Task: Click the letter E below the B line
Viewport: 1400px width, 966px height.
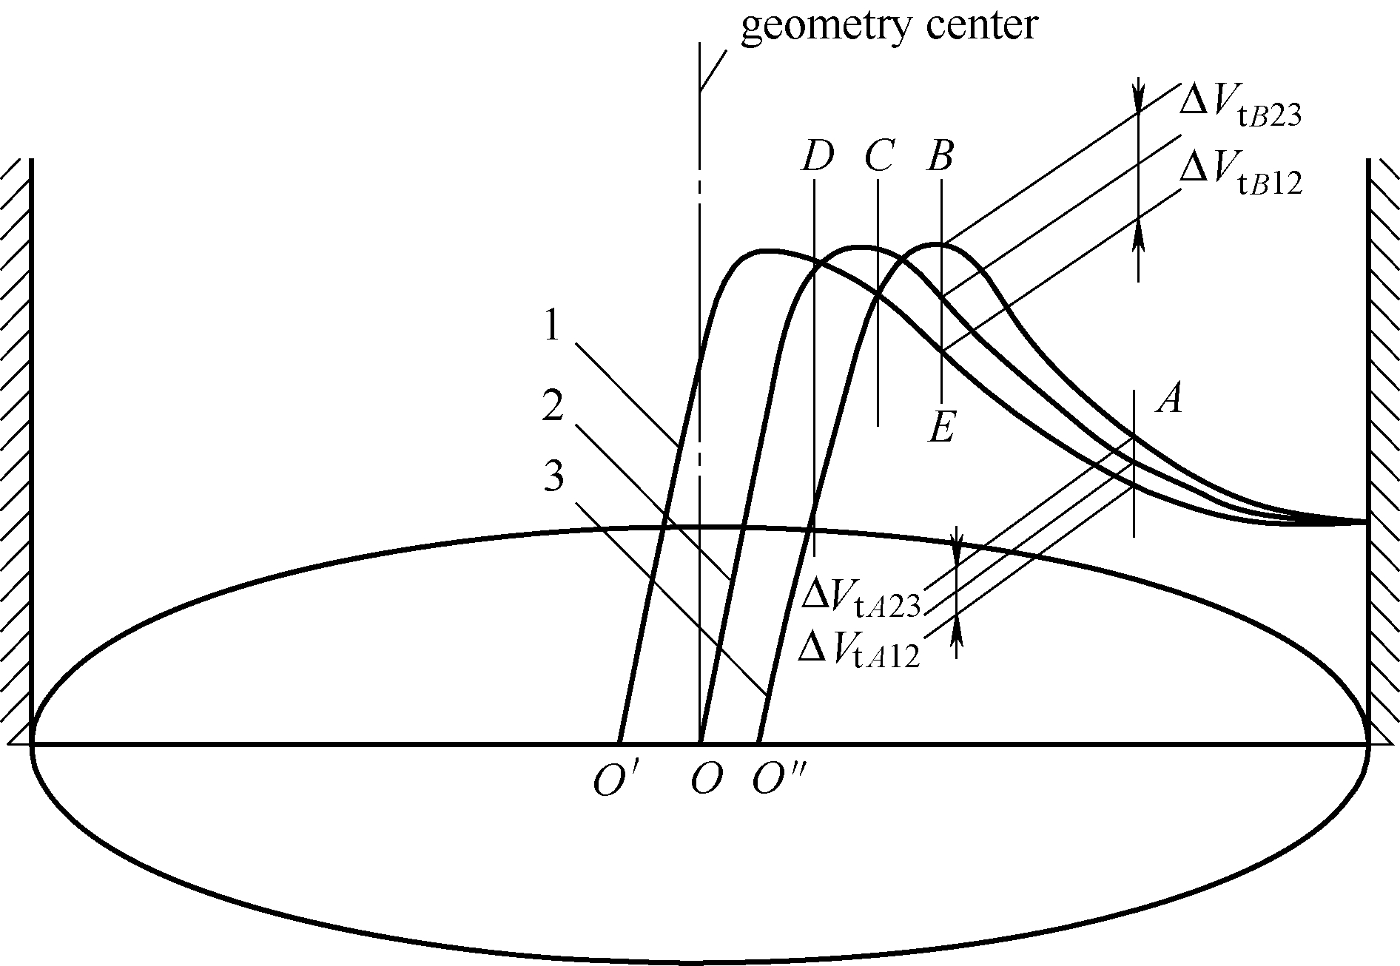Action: click(x=941, y=428)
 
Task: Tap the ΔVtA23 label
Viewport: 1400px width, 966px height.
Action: click(x=861, y=600)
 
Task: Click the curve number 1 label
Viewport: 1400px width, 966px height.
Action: click(x=552, y=326)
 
